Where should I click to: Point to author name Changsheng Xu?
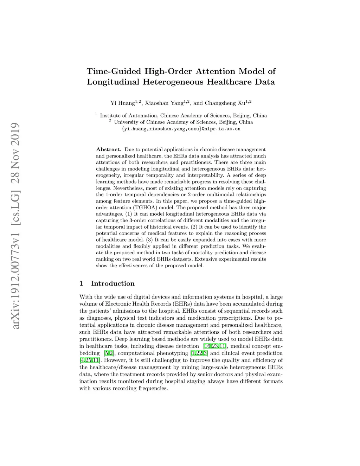click(225, 103)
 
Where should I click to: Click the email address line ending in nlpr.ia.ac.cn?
click(181, 129)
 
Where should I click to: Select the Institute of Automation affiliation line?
click(183, 115)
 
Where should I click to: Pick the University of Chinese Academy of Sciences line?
click(183, 122)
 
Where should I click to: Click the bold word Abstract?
click(109, 149)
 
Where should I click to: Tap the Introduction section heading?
click(112, 283)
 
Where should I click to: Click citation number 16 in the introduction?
click(208, 346)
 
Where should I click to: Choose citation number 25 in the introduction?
click(88, 360)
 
